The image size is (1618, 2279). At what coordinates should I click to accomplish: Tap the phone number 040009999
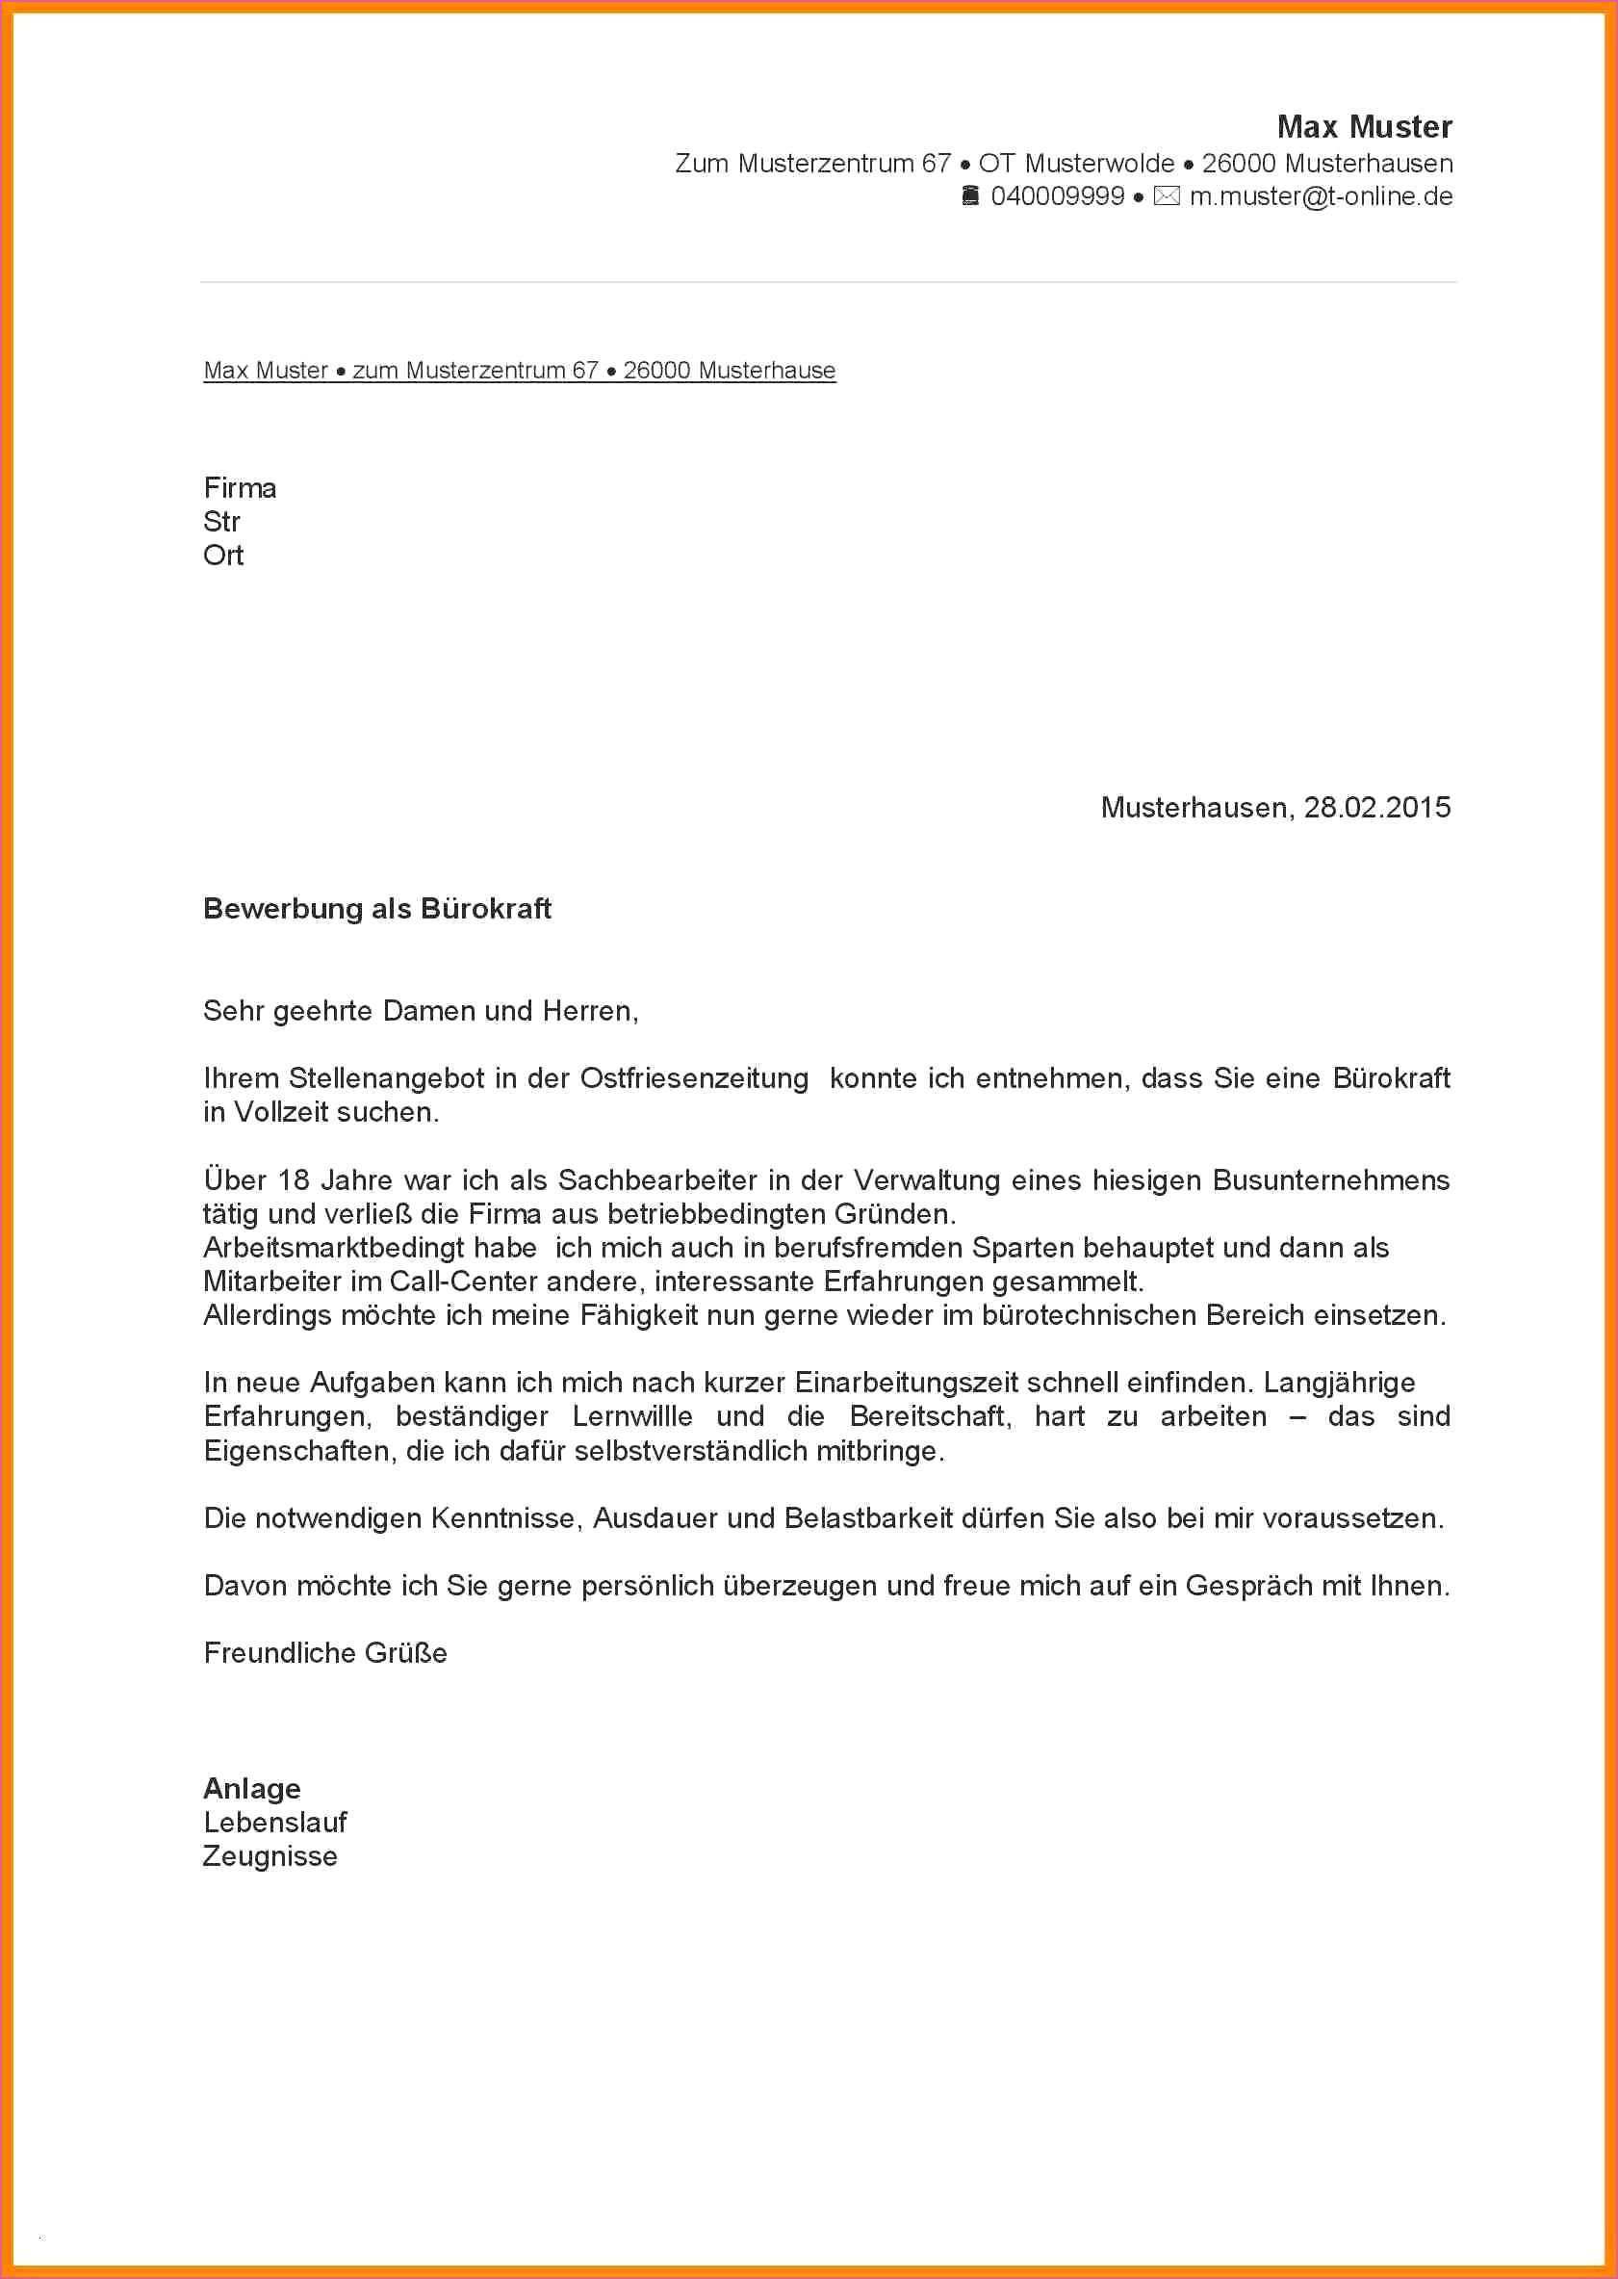point(1057,196)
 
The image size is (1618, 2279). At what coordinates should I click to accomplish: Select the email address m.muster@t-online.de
point(1322,196)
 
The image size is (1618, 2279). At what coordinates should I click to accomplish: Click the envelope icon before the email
point(1166,196)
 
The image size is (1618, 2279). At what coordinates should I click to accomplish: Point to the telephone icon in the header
point(970,196)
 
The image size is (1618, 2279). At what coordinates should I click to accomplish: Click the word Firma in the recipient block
point(240,488)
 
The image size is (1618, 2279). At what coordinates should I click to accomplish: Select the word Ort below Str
point(223,555)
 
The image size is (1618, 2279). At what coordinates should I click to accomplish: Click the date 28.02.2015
point(1377,807)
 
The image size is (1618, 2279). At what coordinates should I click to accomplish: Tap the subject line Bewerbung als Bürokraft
point(376,909)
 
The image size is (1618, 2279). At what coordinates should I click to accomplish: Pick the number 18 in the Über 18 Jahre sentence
point(294,1179)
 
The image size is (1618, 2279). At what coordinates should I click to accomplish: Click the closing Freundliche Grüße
point(324,1653)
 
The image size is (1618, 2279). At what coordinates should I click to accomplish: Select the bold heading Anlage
point(252,1789)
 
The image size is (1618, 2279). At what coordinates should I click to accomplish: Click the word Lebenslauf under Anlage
point(275,1823)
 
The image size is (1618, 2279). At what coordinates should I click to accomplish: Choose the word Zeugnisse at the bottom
point(270,1856)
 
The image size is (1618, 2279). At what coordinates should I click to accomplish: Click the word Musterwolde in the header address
point(1099,164)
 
